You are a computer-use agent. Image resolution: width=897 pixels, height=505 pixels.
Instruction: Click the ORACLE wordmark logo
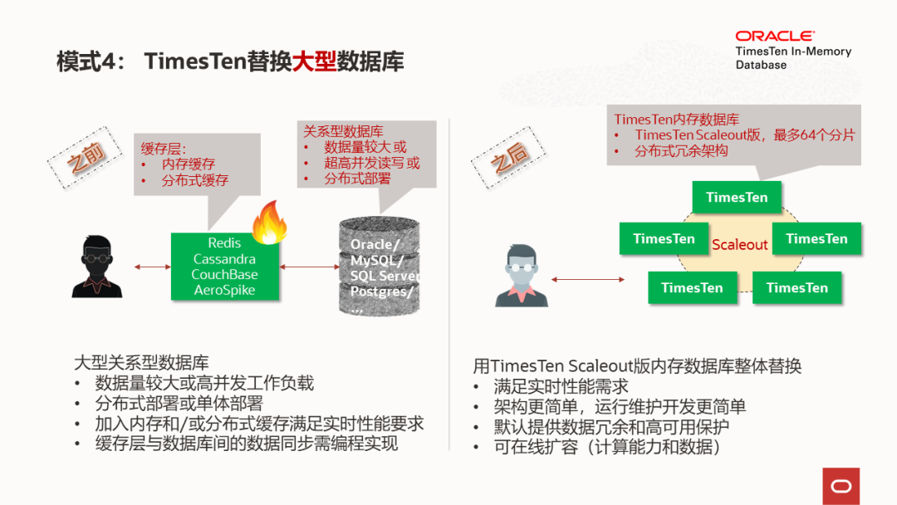(x=775, y=36)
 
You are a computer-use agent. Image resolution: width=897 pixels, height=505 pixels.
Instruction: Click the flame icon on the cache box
(x=269, y=223)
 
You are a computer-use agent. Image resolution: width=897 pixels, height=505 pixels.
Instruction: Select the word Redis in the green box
(x=224, y=243)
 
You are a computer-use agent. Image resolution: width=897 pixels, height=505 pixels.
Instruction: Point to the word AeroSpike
(x=224, y=290)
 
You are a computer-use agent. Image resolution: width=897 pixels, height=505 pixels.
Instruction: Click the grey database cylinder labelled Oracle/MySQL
(x=380, y=266)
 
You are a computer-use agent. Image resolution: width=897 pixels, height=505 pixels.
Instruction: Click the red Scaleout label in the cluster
(x=739, y=245)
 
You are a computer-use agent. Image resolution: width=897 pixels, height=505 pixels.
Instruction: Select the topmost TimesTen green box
(x=737, y=198)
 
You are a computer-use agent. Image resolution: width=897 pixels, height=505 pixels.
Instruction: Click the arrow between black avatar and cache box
(x=152, y=267)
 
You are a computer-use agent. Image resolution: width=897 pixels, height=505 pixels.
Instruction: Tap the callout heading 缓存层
(x=164, y=149)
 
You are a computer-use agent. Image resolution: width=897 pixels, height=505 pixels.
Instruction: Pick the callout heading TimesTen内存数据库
(x=676, y=120)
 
